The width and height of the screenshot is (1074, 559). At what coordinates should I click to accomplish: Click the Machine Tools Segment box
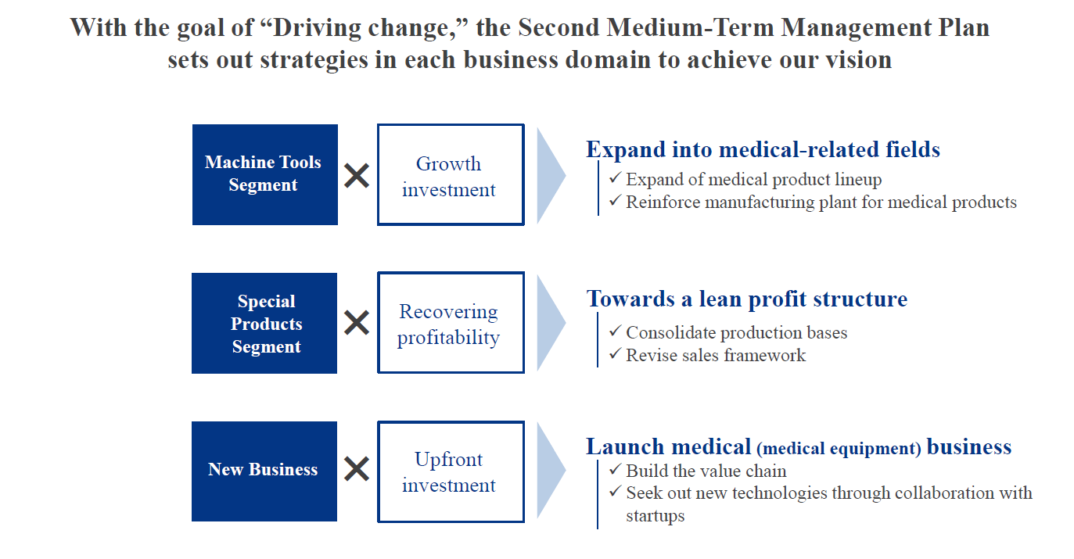pyautogui.click(x=265, y=174)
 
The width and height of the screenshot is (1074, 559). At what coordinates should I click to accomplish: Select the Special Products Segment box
pyautogui.click(x=264, y=323)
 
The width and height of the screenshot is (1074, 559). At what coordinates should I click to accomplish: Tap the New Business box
pyautogui.click(x=264, y=471)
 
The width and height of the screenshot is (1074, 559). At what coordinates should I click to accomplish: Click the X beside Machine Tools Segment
pyautogui.click(x=357, y=175)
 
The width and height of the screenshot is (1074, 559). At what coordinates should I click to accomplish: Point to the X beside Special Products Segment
pyautogui.click(x=357, y=322)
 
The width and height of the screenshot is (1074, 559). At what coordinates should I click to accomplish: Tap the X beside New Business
pyautogui.click(x=357, y=468)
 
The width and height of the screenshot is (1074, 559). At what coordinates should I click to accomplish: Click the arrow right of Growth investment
pyautogui.click(x=551, y=175)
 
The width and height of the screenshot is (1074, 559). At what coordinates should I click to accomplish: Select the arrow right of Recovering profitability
pyautogui.click(x=551, y=323)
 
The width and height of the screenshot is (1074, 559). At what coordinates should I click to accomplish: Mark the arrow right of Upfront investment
pyautogui.click(x=551, y=471)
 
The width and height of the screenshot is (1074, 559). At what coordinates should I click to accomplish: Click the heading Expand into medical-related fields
pyautogui.click(x=763, y=149)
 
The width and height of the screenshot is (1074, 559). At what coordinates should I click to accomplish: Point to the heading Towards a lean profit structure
pyautogui.click(x=747, y=299)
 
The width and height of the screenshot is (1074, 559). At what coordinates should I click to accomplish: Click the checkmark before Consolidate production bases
pyautogui.click(x=615, y=330)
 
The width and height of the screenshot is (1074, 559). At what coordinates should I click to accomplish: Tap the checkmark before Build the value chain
pyautogui.click(x=615, y=469)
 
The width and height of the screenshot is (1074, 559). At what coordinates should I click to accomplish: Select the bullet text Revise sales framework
pyautogui.click(x=716, y=355)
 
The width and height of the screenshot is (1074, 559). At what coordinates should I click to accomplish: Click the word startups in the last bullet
pyautogui.click(x=655, y=516)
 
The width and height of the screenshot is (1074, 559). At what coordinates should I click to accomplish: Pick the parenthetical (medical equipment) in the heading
pyautogui.click(x=839, y=449)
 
